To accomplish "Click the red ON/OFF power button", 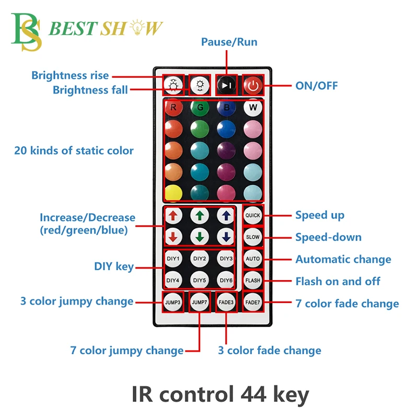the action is click(253, 85).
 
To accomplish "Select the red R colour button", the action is click(173, 108).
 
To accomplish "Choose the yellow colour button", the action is click(173, 193).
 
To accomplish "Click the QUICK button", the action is click(253, 215).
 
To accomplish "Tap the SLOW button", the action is click(253, 237).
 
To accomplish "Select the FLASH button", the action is click(253, 281).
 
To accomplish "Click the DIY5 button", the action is click(200, 281).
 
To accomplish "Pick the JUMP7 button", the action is click(200, 303).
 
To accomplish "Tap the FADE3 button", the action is click(226, 303).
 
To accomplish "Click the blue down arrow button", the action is click(226, 237).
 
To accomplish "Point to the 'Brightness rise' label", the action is click(70, 76).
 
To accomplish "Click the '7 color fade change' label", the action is click(347, 304).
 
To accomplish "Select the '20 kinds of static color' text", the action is click(74, 151).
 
